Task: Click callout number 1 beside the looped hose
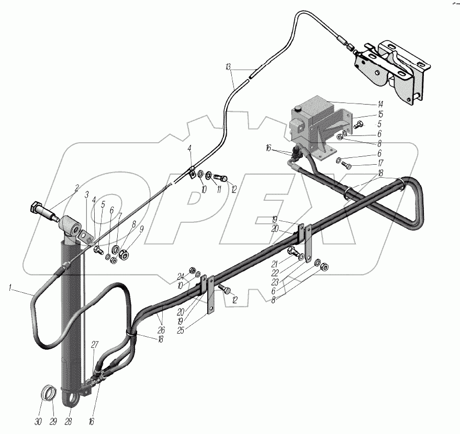[x=11, y=287]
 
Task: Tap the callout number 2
[x=76, y=187]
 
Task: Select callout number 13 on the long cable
[x=229, y=67]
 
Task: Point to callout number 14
[x=380, y=103]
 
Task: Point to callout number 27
[x=95, y=344]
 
